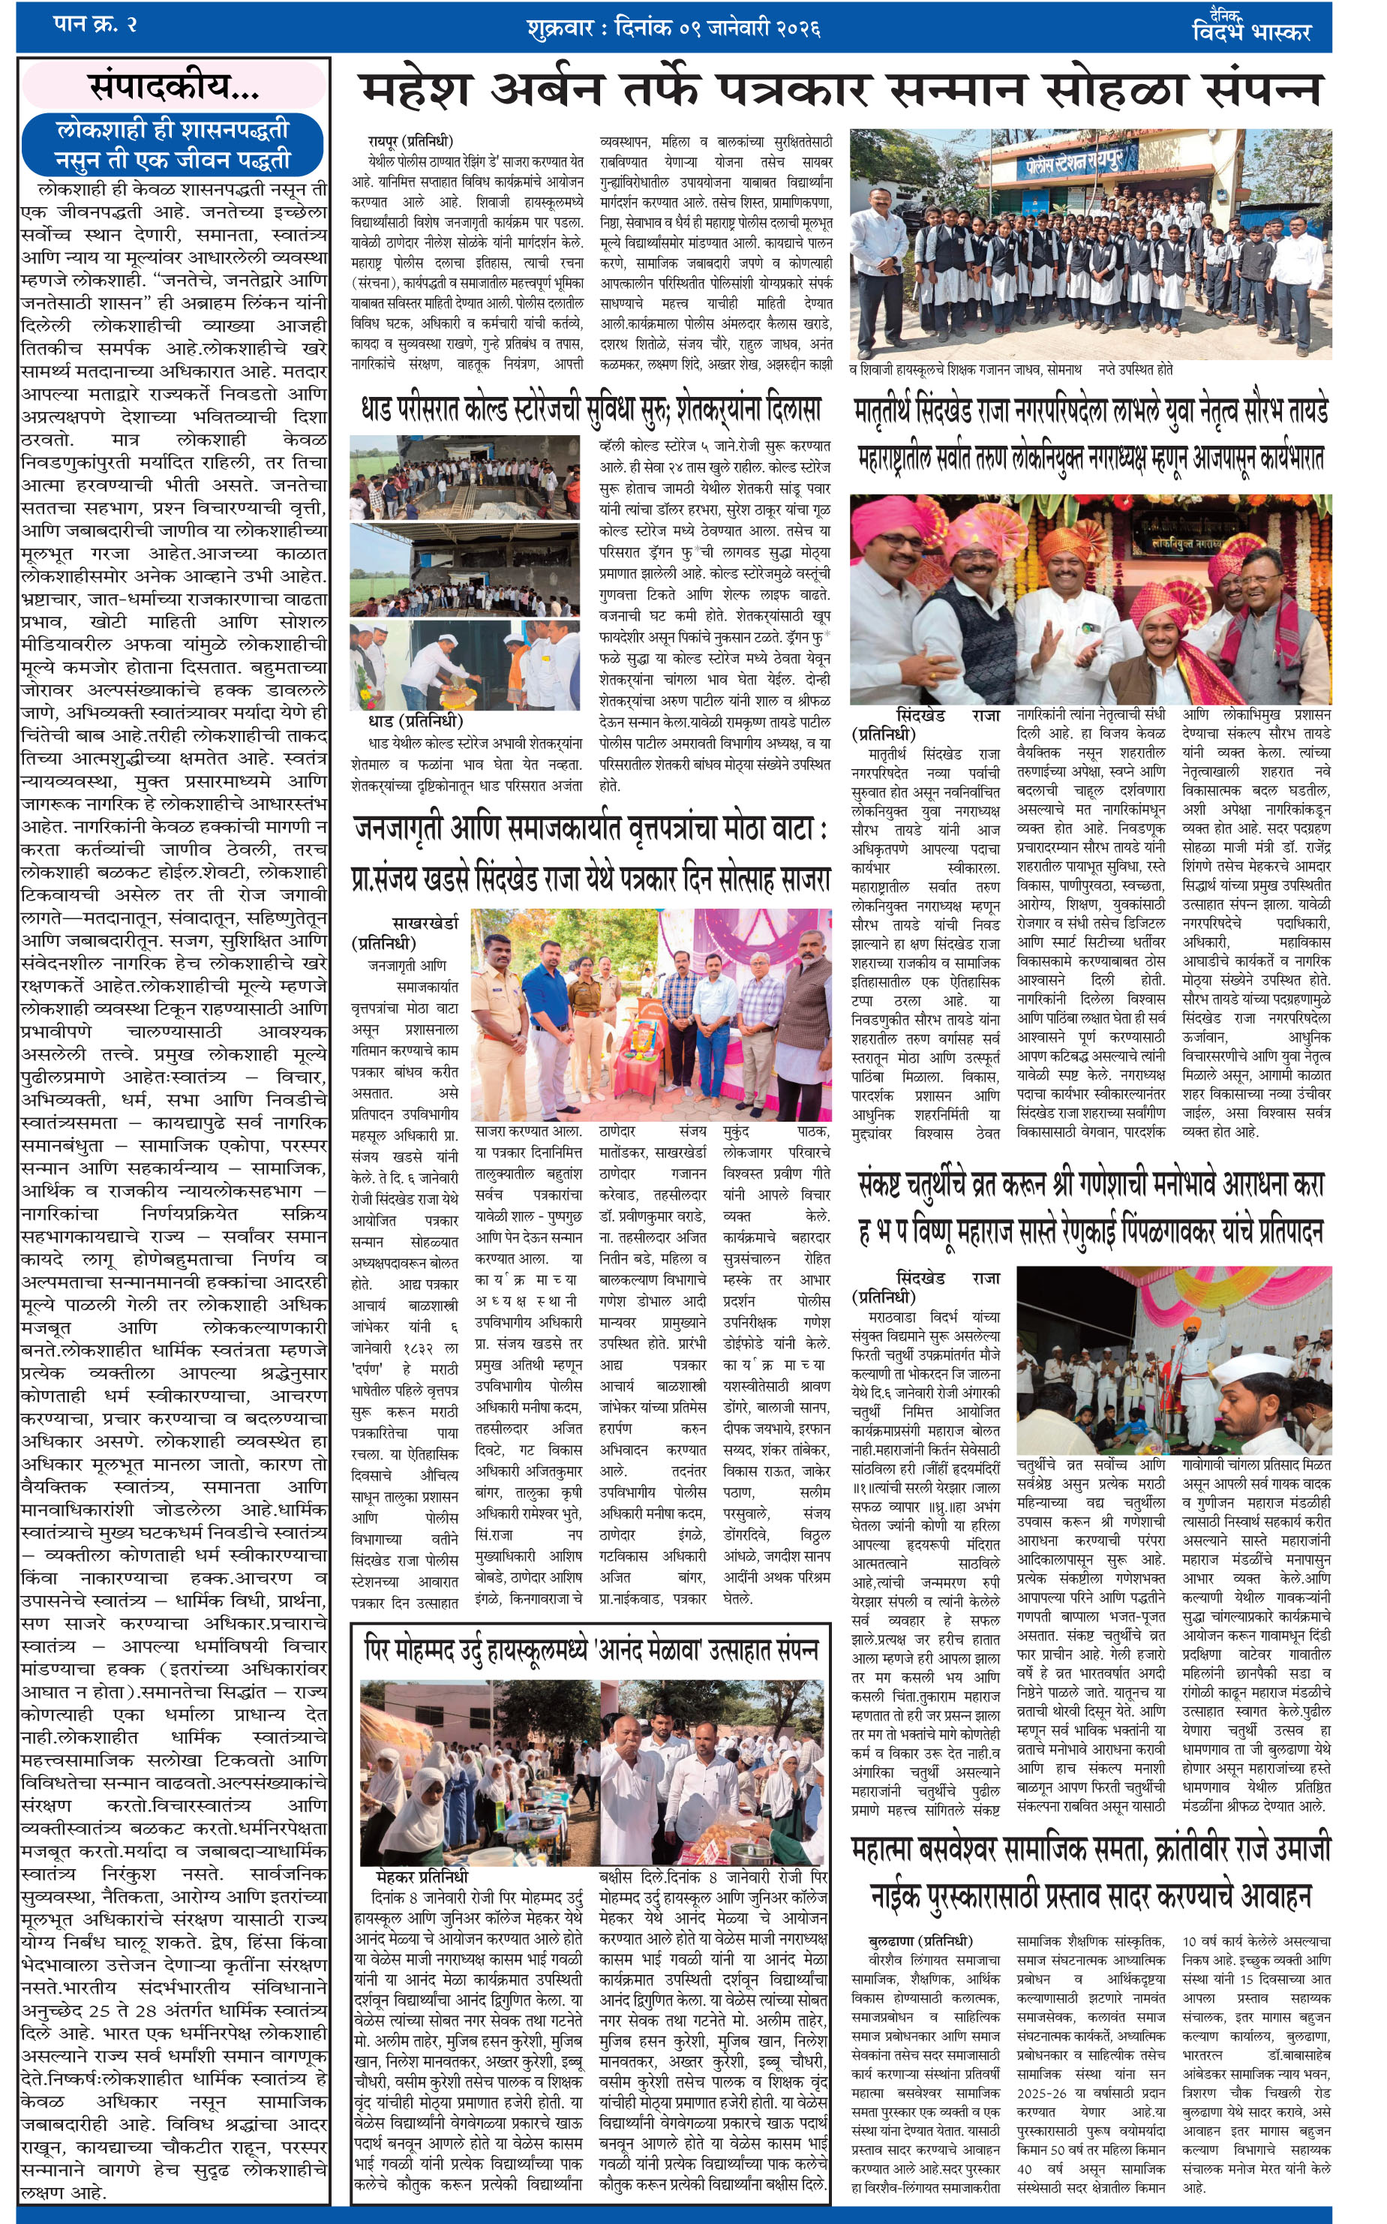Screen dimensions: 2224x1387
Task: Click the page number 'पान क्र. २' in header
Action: pos(95,25)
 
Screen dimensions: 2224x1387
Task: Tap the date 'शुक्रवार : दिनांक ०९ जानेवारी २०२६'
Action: pos(674,29)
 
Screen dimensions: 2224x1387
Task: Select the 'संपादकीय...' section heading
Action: pos(173,86)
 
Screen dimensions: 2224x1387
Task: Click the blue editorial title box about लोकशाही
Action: pos(173,144)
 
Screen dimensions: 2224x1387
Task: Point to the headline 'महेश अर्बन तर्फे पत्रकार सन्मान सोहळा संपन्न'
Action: pos(839,91)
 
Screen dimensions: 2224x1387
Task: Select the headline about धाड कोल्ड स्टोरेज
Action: pos(592,409)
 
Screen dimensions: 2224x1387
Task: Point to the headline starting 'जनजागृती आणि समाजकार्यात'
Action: pos(592,853)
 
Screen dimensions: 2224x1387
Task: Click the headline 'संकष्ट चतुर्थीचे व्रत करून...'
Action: pos(1091,1207)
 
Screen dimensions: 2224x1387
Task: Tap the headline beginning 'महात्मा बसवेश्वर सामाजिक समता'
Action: pos(1091,1871)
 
